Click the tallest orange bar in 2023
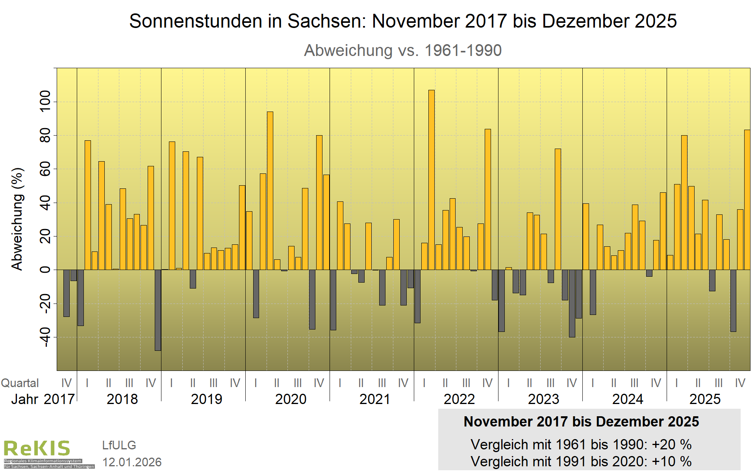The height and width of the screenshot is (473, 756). point(558,209)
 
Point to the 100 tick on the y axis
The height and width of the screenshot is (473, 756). point(46,102)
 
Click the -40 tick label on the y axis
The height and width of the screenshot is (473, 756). point(46,337)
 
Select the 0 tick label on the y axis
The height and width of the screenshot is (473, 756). point(46,270)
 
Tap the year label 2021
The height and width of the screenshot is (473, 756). point(374,399)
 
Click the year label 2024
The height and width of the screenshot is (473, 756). point(628,399)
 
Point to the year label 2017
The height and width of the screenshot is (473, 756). point(59,399)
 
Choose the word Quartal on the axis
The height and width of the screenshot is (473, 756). point(20,383)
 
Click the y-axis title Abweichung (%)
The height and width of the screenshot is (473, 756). point(18,219)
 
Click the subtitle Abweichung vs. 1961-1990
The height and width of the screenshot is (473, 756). point(403,50)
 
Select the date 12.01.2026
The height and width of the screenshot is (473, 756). point(132,462)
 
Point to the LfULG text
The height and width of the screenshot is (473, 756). point(119,445)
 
